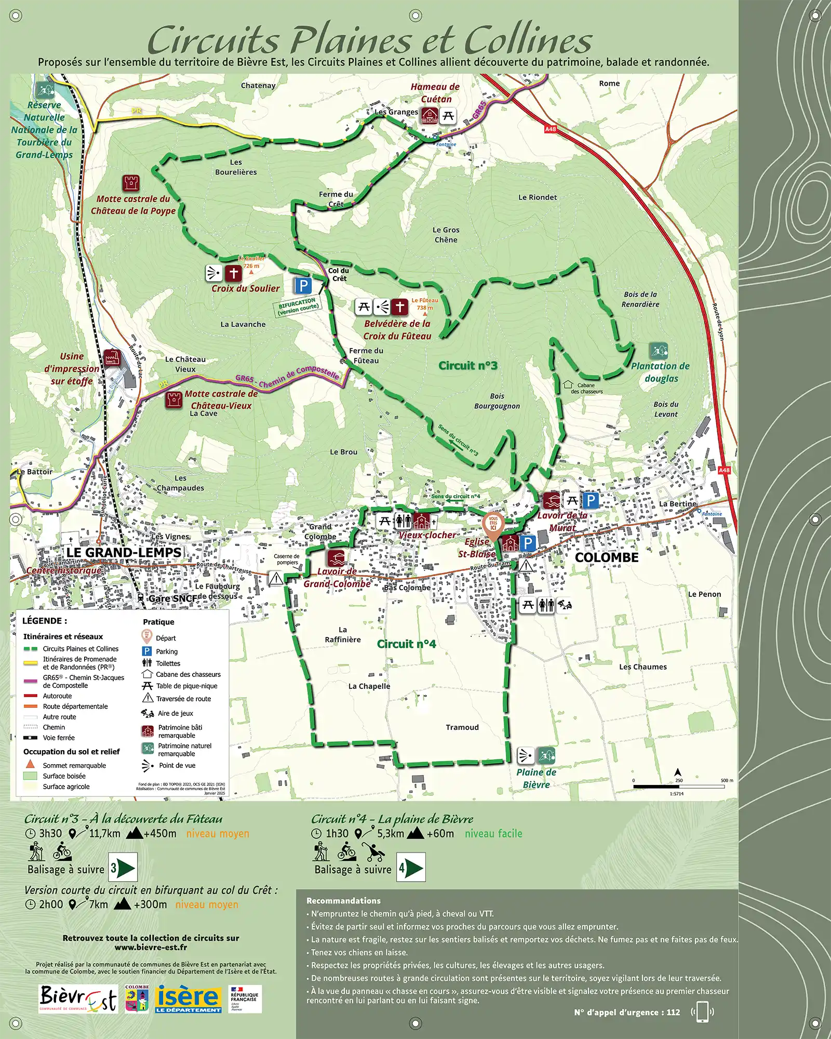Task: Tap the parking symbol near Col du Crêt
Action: click(303, 286)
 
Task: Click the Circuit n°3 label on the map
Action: click(467, 366)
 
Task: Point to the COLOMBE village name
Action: click(606, 557)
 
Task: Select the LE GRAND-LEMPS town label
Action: click(124, 553)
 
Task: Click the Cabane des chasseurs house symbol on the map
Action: click(568, 385)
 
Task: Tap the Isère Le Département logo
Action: click(188, 998)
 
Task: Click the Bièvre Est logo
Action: click(78, 998)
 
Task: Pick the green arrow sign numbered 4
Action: click(411, 868)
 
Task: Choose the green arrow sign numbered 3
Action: click(123, 868)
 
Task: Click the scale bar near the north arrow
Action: click(678, 787)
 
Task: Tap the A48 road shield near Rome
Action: click(550, 129)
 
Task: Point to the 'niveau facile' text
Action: click(493, 834)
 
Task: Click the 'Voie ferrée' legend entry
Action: click(58, 738)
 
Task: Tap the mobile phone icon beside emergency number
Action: click(702, 1012)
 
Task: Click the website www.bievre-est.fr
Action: click(151, 947)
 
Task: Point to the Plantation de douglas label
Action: click(661, 372)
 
